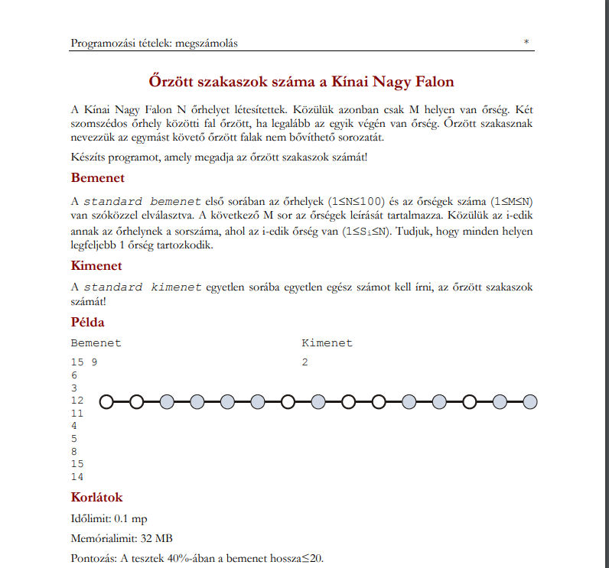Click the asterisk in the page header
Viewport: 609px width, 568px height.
click(526, 43)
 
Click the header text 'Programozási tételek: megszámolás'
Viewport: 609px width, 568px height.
click(154, 44)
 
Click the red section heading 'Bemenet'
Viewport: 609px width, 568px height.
click(97, 178)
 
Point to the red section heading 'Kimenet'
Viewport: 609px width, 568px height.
click(96, 266)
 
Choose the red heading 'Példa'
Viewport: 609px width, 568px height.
click(87, 323)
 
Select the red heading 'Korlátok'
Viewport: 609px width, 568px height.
click(96, 498)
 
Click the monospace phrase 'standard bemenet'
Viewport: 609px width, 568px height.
click(142, 201)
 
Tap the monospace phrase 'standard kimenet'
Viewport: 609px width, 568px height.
click(143, 287)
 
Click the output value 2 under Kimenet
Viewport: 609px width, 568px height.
click(304, 362)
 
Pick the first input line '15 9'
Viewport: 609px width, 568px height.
click(83, 362)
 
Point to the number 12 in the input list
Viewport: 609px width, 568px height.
click(77, 401)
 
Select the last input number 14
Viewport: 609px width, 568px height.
click(77, 477)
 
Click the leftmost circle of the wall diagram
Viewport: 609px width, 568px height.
click(106, 401)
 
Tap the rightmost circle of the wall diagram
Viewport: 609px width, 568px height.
click(529, 401)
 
